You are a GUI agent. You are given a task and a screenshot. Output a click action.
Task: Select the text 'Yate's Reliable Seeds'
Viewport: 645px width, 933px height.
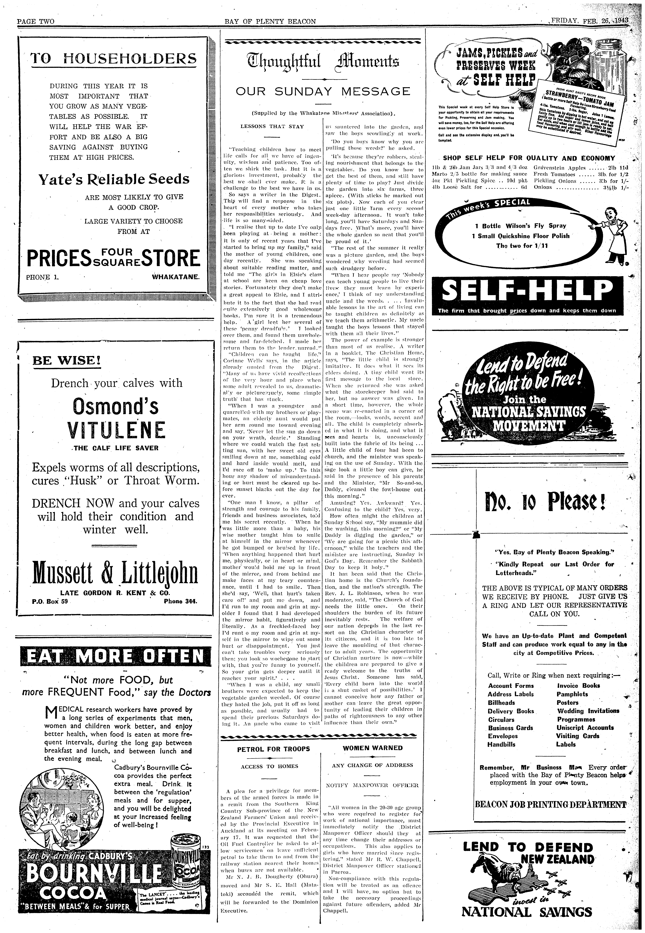(114, 179)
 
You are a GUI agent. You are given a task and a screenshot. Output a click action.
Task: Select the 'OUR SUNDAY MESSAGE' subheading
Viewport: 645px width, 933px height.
(322, 91)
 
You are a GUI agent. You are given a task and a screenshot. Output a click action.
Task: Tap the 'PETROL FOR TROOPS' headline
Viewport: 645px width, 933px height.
(273, 748)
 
